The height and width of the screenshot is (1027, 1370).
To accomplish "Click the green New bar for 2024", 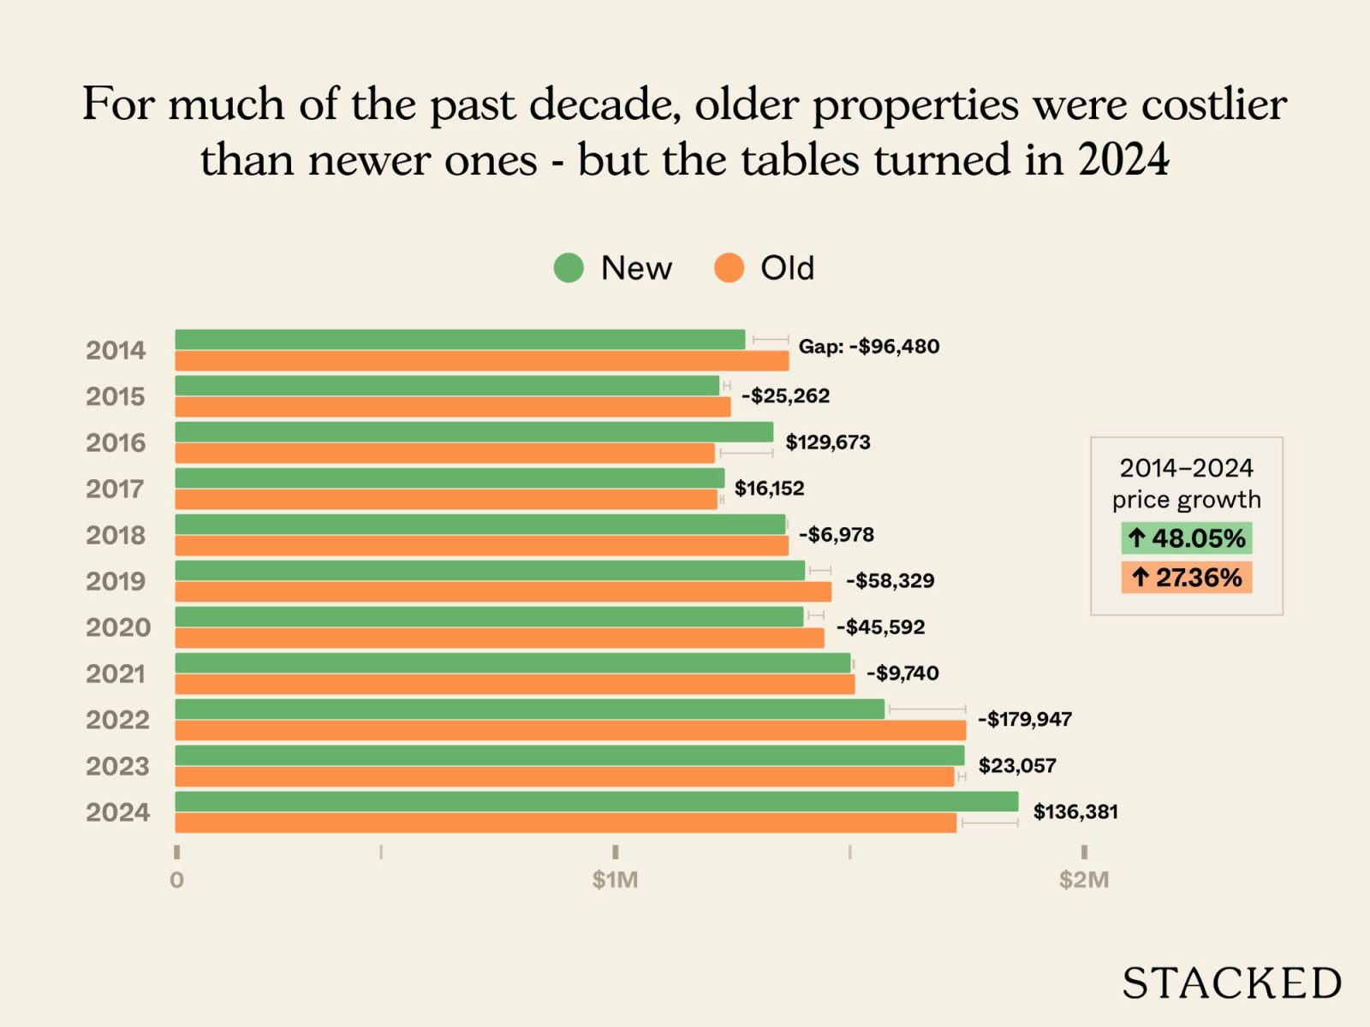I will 597,802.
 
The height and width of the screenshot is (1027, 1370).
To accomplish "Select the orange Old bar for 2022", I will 570,730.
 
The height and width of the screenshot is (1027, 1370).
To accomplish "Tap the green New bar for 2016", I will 474,432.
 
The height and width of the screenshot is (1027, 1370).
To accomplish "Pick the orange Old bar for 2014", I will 482,360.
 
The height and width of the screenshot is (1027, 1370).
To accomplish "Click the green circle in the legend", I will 569,268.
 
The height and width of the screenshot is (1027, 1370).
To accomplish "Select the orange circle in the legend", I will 729,268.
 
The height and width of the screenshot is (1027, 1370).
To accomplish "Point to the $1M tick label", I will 615,879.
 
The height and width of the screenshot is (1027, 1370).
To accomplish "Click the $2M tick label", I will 1083,879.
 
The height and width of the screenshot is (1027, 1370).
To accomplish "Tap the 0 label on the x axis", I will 176,880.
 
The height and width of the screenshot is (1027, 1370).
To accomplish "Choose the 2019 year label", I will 116,581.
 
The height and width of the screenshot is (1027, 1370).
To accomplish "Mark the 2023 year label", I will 117,766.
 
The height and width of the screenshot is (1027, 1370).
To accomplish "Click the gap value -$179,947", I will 1025,719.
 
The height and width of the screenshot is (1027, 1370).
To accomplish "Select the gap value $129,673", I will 828,442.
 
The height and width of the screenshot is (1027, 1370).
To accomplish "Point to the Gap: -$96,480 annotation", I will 868,347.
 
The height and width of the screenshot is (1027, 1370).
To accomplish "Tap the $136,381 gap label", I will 1075,811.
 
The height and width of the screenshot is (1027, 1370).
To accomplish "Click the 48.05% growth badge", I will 1187,538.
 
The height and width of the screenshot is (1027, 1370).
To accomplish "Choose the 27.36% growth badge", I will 1187,578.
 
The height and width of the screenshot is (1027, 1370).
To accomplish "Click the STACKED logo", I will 1231,983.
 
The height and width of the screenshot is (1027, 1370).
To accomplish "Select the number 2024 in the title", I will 1123,160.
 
